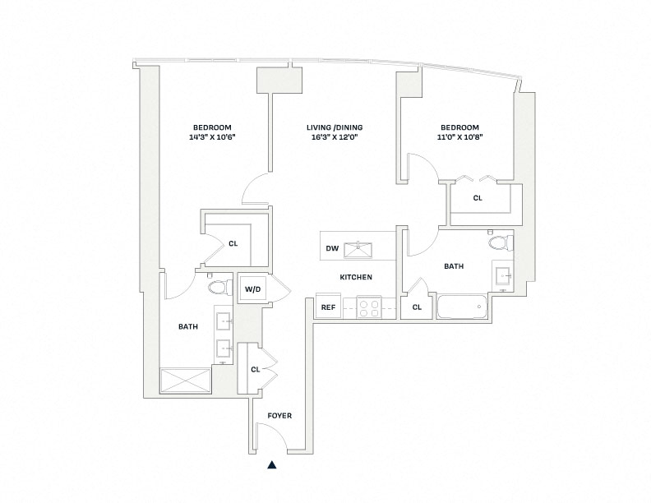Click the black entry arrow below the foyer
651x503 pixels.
(271, 465)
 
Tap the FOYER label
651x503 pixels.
(279, 415)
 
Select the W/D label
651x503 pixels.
(253, 289)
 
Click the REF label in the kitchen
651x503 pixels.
(329, 307)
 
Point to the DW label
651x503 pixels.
(332, 248)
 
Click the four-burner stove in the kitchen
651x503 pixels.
(370, 307)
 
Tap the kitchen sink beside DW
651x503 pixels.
(358, 249)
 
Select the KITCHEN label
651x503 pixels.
(356, 277)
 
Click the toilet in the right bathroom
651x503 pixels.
(501, 242)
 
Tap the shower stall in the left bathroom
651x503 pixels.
(186, 381)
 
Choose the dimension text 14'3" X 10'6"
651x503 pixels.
(212, 136)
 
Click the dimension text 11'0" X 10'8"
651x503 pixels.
(459, 136)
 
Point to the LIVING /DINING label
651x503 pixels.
(335, 127)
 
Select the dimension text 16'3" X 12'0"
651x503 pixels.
(335, 136)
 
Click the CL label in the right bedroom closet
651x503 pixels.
(478, 198)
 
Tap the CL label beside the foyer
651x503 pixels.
(256, 369)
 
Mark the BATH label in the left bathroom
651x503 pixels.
(188, 326)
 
